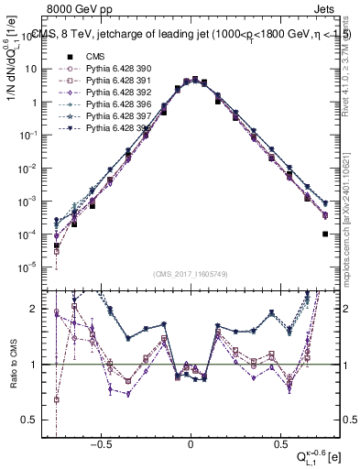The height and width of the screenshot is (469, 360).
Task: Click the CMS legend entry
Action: click(x=95, y=56)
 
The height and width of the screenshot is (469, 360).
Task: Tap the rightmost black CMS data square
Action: click(x=325, y=234)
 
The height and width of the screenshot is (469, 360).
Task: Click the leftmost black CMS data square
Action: click(x=57, y=246)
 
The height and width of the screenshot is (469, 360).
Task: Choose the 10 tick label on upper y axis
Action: click(x=33, y=70)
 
